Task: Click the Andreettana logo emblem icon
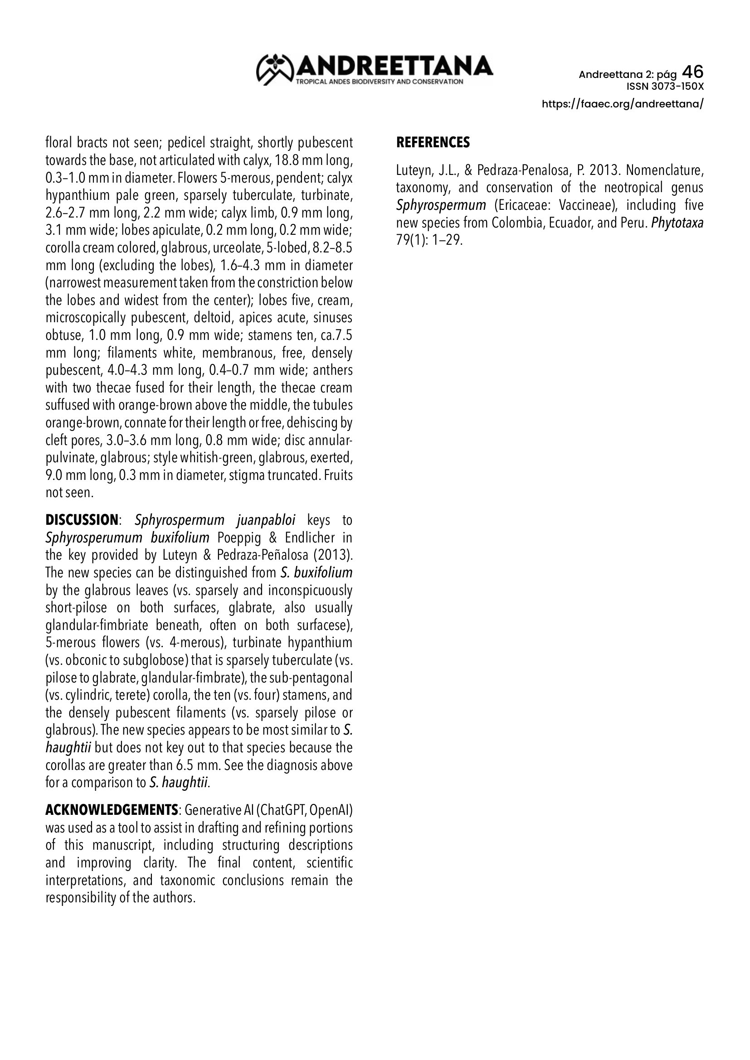click(x=275, y=69)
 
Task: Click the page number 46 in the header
click(x=692, y=72)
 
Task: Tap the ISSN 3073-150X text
click(x=665, y=87)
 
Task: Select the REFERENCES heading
click(x=433, y=143)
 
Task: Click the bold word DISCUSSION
click(x=81, y=520)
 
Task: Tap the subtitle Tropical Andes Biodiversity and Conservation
click(x=379, y=82)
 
